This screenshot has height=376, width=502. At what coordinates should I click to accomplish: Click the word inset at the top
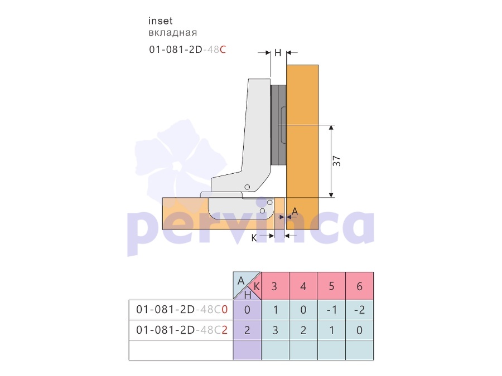[x=161, y=21]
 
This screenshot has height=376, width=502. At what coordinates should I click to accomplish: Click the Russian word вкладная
[x=172, y=33]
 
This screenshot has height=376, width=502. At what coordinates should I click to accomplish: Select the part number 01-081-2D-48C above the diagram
[x=187, y=50]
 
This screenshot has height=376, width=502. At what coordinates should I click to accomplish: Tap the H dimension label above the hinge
[x=278, y=53]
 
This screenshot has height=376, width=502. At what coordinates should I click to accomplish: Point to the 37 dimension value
[x=337, y=161]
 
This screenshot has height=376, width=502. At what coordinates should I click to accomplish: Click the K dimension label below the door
[x=254, y=238]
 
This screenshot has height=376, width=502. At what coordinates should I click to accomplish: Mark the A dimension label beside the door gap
[x=295, y=211]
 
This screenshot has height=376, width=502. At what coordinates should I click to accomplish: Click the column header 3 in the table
[x=274, y=286]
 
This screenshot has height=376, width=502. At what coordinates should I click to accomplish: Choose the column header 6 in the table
[x=360, y=286]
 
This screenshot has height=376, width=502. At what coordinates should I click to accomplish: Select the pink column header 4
[x=303, y=286]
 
